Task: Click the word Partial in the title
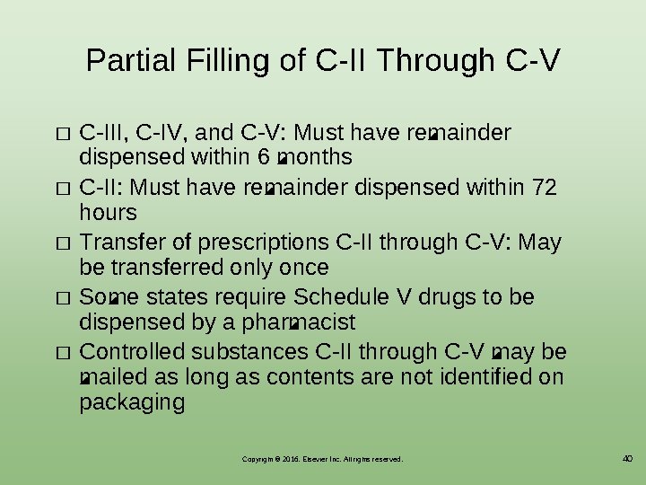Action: (x=129, y=61)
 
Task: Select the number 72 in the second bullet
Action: (x=544, y=188)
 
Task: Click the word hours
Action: (x=108, y=213)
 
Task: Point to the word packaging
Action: (x=132, y=402)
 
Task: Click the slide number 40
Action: (x=627, y=459)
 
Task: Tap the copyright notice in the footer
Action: (x=322, y=459)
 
